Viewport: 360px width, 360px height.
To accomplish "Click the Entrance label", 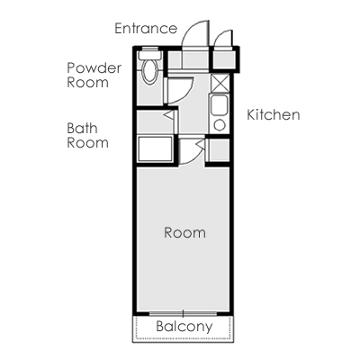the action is tap(146, 29).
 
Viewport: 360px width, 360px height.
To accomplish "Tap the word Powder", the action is tap(94, 68).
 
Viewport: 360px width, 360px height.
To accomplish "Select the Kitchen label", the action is tap(274, 115).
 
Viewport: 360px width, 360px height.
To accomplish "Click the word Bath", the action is tap(82, 129).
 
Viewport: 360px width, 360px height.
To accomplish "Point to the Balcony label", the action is tap(184, 327).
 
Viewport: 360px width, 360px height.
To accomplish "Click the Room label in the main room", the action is tap(184, 233).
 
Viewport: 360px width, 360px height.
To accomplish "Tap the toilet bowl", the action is tap(149, 71).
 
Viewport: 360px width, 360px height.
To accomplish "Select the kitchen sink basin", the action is tap(219, 105).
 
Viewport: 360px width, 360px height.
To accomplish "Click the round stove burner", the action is tap(220, 125).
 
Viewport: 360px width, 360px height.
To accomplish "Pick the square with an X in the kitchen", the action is tap(220, 83).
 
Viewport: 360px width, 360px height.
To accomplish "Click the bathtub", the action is tap(155, 148).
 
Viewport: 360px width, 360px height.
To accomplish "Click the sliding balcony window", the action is tap(184, 314).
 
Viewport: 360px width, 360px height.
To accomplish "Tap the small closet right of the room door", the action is tap(219, 150).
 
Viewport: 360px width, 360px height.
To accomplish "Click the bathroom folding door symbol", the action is tap(170, 115).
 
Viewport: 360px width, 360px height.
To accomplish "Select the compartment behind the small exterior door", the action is tap(224, 60).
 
